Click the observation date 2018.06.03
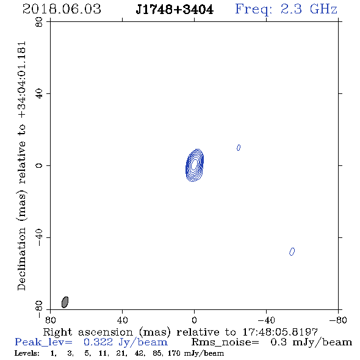(x=62, y=9)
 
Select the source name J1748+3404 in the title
(x=175, y=10)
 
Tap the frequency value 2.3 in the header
(x=291, y=9)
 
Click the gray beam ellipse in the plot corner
(x=65, y=302)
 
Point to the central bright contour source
(x=195, y=165)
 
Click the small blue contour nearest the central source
(x=239, y=148)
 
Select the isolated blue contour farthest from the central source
(x=292, y=251)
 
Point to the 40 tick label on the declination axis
(x=39, y=94)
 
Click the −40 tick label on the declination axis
(x=39, y=237)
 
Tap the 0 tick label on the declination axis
(x=39, y=165)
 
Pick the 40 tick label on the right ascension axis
(x=122, y=320)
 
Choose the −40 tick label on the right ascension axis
(x=266, y=320)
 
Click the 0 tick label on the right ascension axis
(x=194, y=320)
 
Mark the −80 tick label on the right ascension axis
(x=338, y=320)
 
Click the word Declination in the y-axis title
(x=21, y=259)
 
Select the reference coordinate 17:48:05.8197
(x=280, y=332)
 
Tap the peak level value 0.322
(x=98, y=342)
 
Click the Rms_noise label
(x=225, y=342)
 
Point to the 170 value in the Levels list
(x=174, y=353)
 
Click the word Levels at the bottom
(x=27, y=353)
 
